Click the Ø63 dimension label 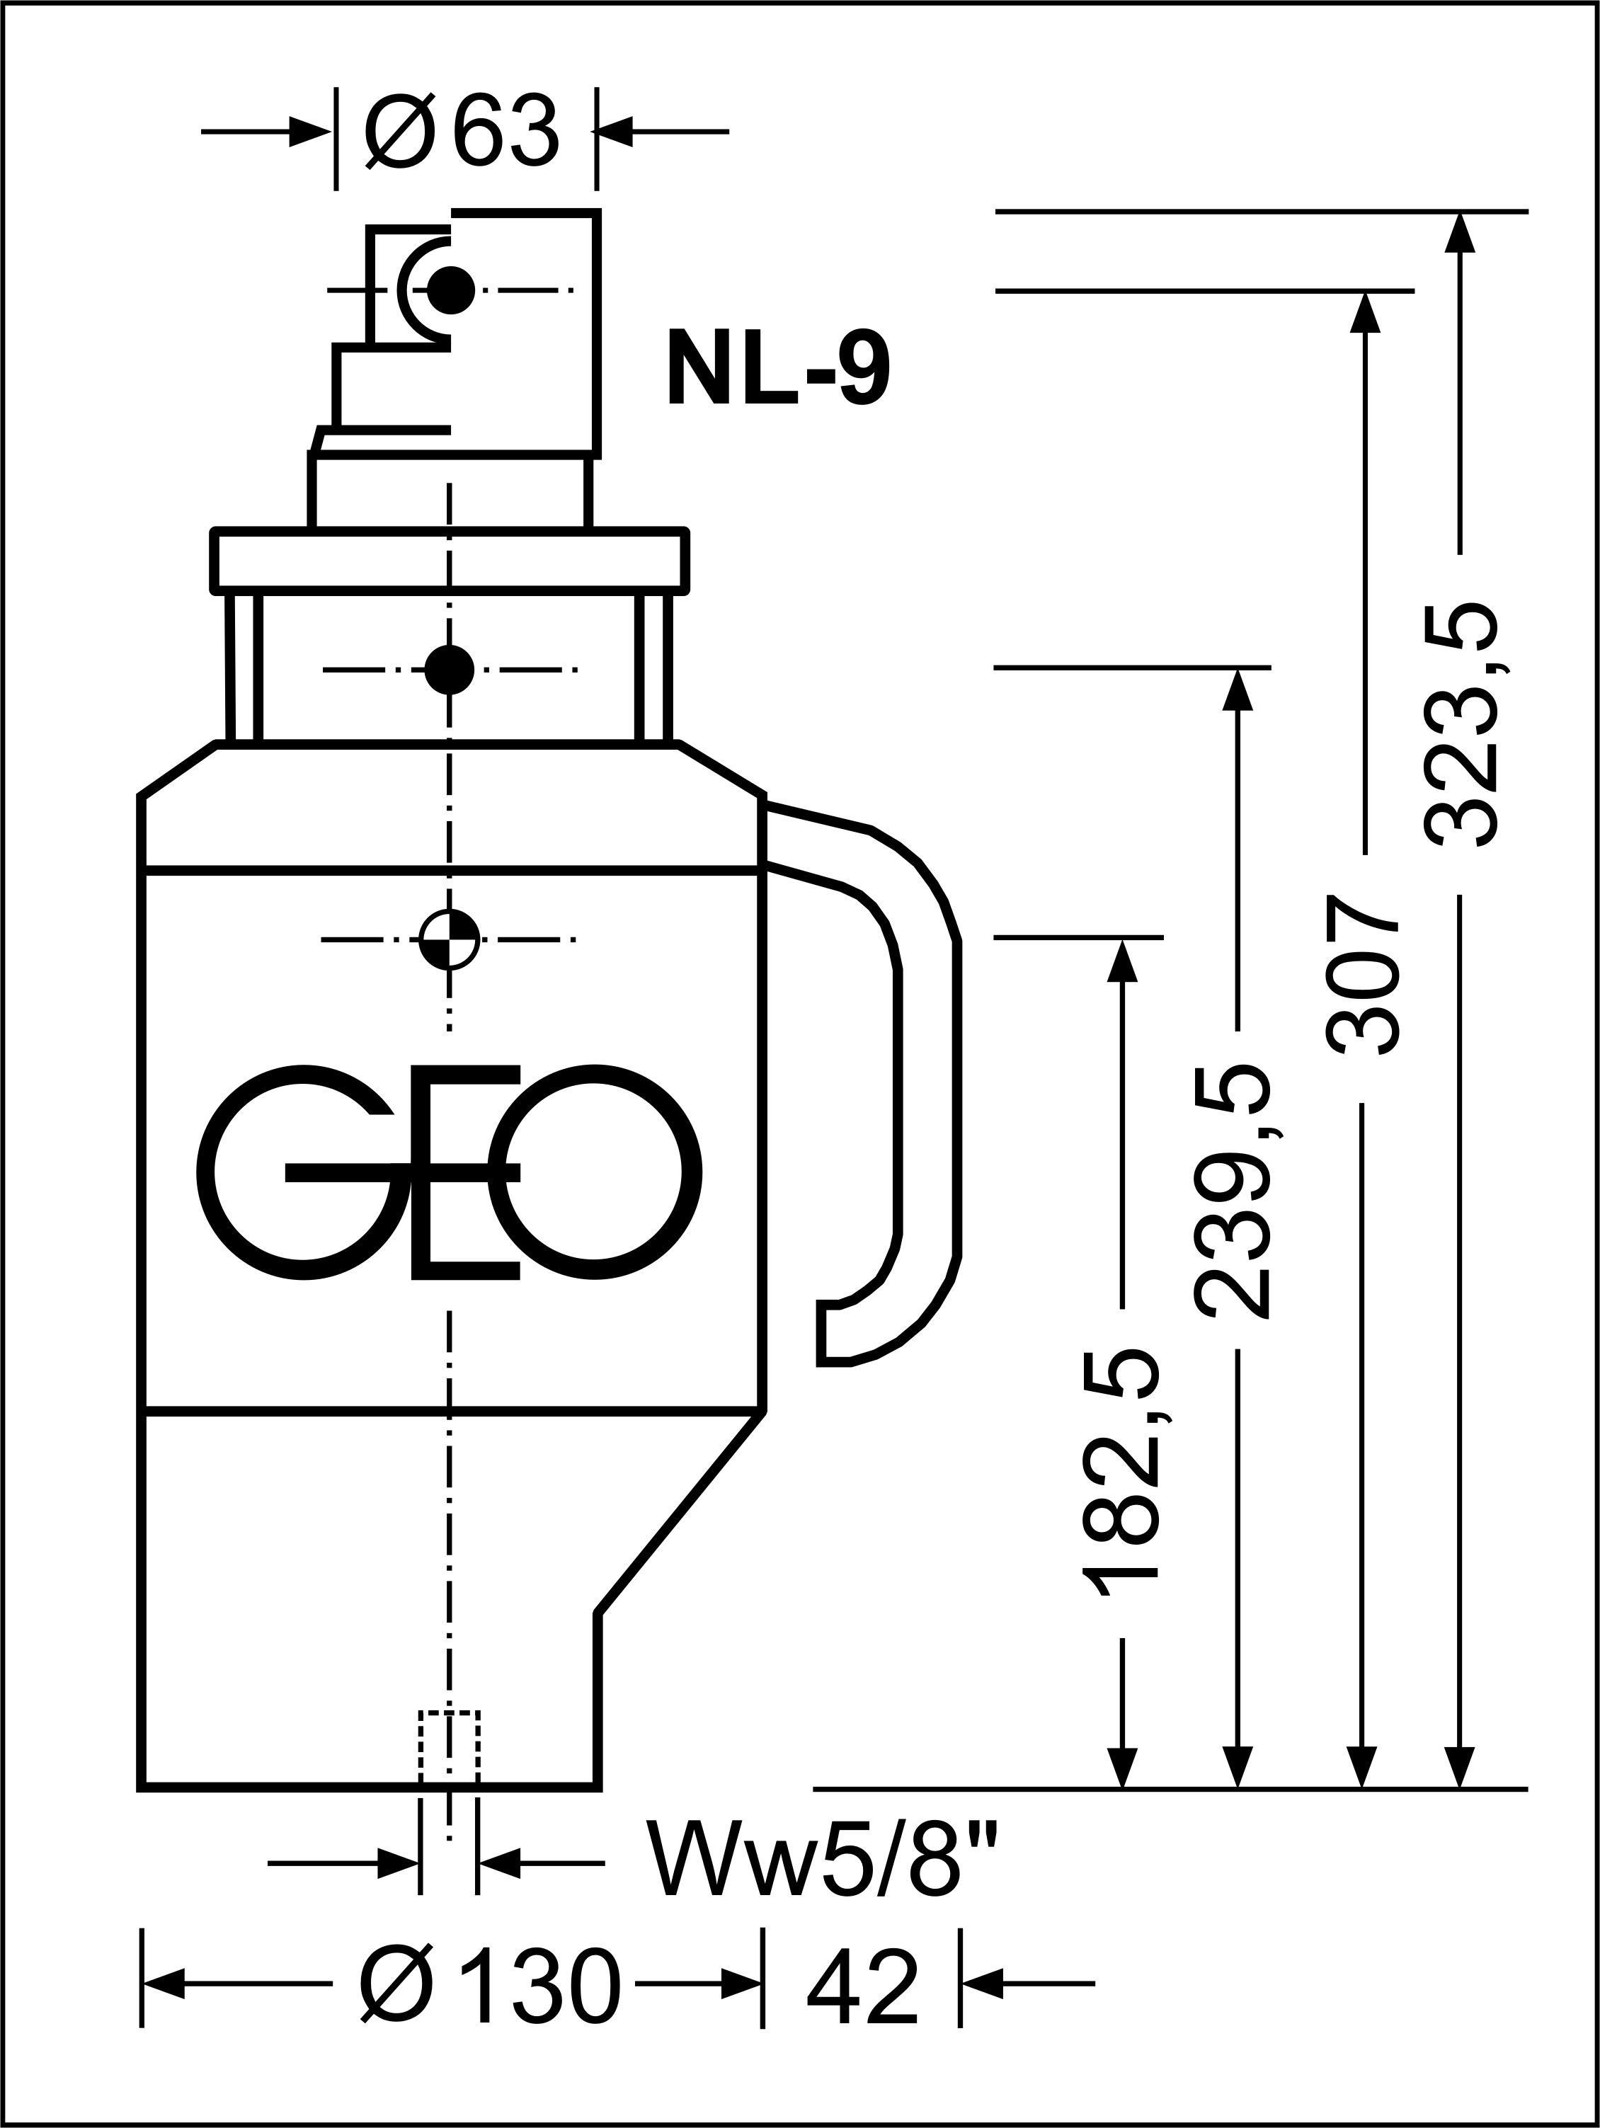[461, 131]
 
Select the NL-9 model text [777, 367]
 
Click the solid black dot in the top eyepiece [450, 289]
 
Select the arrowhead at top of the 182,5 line [1122, 959]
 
